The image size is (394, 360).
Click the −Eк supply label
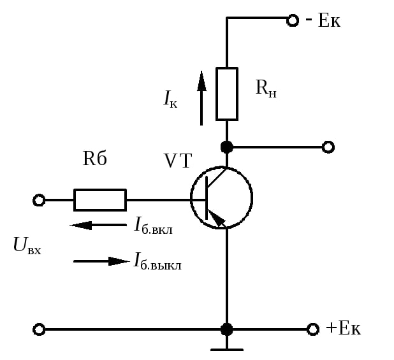coord(323,20)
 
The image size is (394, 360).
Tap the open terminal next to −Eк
coord(293,20)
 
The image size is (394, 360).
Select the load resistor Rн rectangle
coord(227,94)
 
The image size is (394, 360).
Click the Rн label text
coord(266,88)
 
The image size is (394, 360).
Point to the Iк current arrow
coord(201,98)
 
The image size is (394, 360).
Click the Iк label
coord(170,99)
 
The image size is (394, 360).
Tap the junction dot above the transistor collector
coord(227,147)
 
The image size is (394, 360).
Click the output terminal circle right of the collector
coord(328,147)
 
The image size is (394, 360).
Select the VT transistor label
coord(178,161)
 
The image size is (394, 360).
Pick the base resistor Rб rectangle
coord(100,200)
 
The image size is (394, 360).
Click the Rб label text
coord(95,158)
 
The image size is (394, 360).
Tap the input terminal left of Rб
coord(39,200)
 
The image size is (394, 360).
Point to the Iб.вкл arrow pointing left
coord(98,225)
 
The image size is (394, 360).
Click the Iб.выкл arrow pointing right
coord(101,261)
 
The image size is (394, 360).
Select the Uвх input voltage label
coord(27,245)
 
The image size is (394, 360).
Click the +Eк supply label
coord(343,328)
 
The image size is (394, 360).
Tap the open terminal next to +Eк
coord(313,329)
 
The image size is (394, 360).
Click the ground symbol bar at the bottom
coord(227,349)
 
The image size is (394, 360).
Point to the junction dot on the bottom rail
coord(227,329)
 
